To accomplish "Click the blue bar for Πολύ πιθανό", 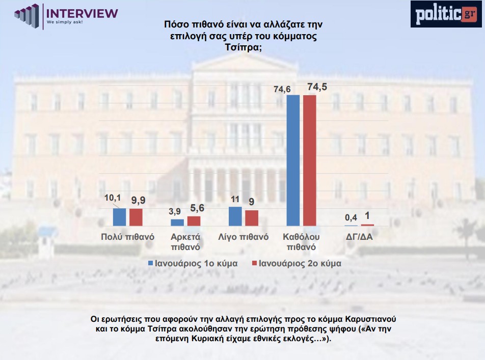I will click(x=119, y=217).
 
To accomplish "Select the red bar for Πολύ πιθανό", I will click(x=136, y=217).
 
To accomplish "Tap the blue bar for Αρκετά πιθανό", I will click(x=177, y=223).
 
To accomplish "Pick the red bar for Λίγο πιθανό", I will click(x=252, y=218).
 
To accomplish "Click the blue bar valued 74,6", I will click(x=293, y=160).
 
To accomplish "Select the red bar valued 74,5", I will click(x=310, y=160).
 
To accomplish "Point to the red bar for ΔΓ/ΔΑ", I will click(x=367, y=225).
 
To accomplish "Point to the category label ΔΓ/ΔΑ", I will click(x=359, y=237).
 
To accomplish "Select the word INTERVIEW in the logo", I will click(x=82, y=13).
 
